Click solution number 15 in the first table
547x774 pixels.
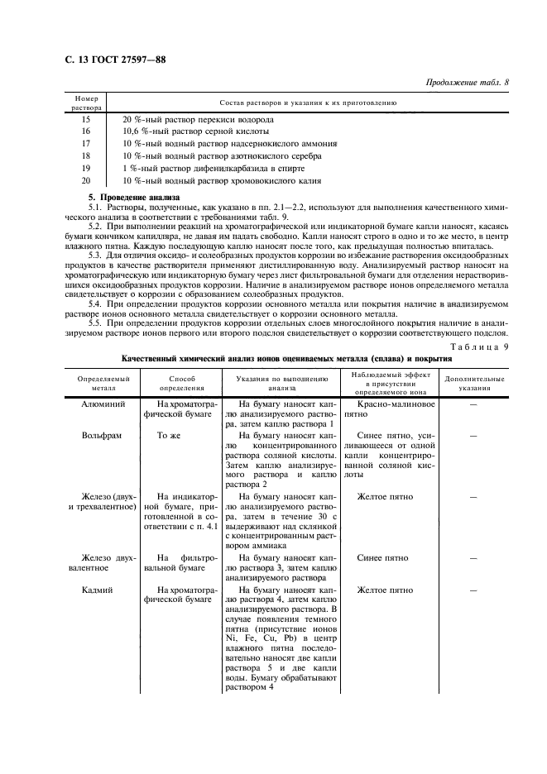[x=86, y=119]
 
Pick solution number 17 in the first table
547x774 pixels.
[x=86, y=143]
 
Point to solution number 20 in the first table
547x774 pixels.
[x=86, y=179]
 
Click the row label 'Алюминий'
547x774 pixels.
[x=98, y=405]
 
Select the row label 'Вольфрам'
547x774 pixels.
[x=98, y=435]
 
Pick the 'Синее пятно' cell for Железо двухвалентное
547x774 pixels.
[x=384, y=558]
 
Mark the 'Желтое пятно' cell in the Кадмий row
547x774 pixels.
[x=384, y=590]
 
